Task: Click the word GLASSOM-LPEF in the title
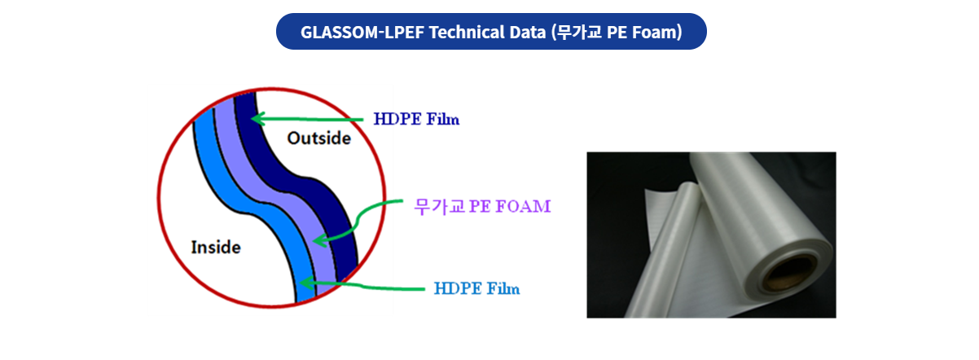[x=362, y=33]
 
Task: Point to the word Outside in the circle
[x=319, y=138]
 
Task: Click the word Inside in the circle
[x=216, y=248]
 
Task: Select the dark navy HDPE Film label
[x=416, y=119]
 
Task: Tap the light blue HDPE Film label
[x=476, y=288]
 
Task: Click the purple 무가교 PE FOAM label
[x=482, y=206]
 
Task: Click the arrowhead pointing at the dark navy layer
[x=257, y=119]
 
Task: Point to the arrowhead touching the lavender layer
[x=319, y=240]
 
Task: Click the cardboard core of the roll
[x=790, y=274]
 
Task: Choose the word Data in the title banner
[x=528, y=33]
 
